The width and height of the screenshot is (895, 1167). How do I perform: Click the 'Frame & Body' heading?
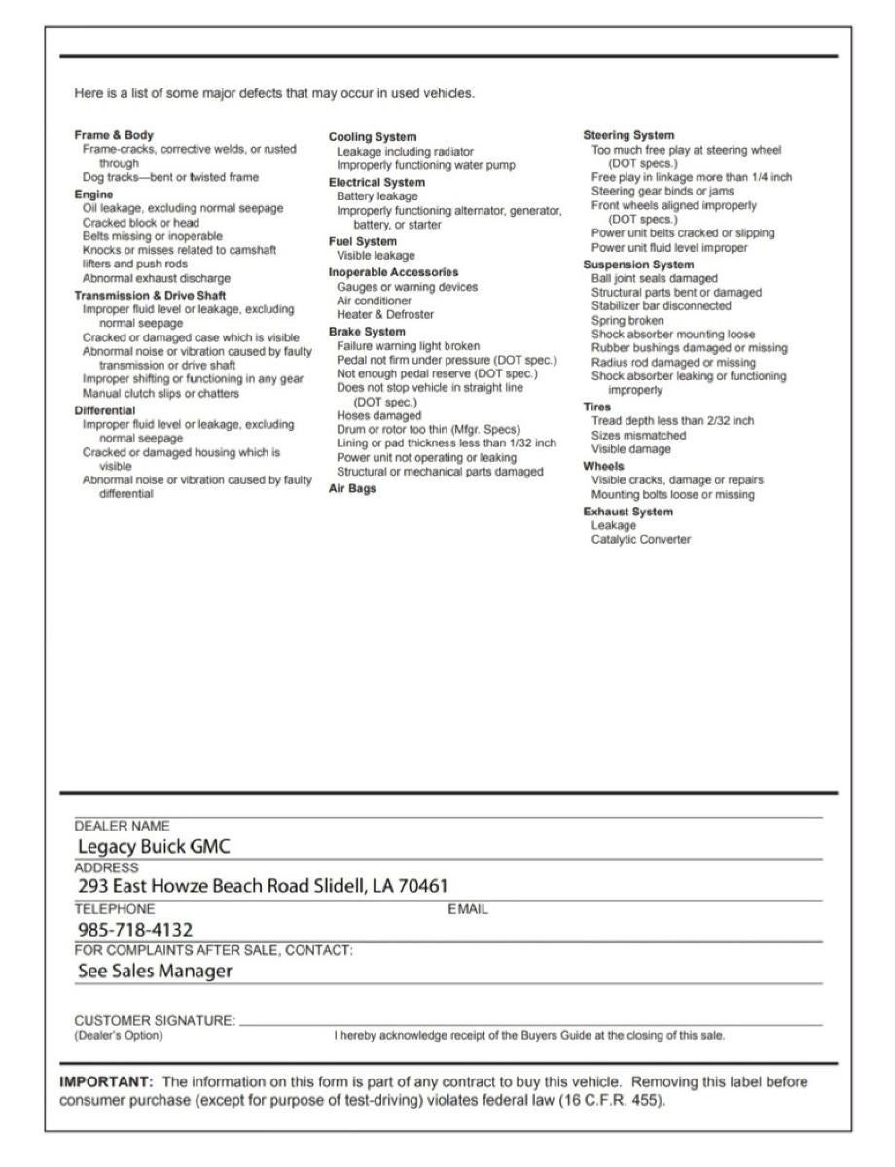(x=114, y=135)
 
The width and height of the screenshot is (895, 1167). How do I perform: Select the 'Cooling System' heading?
(x=373, y=137)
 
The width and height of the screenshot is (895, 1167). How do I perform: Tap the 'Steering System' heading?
(x=628, y=135)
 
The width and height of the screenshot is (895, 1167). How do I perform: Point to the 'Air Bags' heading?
(x=352, y=489)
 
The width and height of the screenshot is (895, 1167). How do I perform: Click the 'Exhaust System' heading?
(x=627, y=512)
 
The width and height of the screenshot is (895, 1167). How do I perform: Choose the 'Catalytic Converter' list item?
(x=641, y=539)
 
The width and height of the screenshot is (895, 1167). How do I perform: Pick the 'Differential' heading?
(x=105, y=410)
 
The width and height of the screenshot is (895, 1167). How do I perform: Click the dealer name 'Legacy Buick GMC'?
(x=154, y=846)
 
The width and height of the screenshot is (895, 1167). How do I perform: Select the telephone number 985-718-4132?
(x=135, y=930)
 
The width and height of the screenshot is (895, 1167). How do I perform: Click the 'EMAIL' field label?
(x=468, y=909)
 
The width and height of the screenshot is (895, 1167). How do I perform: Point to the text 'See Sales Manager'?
(x=155, y=971)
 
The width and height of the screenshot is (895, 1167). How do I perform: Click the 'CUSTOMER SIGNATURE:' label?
(x=155, y=1021)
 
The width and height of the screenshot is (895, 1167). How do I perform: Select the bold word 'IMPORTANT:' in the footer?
(x=106, y=1081)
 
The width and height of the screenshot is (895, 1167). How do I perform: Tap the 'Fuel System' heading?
(x=363, y=241)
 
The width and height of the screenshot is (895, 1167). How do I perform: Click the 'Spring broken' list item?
(x=627, y=320)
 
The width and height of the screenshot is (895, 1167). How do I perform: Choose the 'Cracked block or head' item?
(x=141, y=222)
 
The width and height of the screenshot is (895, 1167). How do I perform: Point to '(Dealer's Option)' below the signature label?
(x=119, y=1035)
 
